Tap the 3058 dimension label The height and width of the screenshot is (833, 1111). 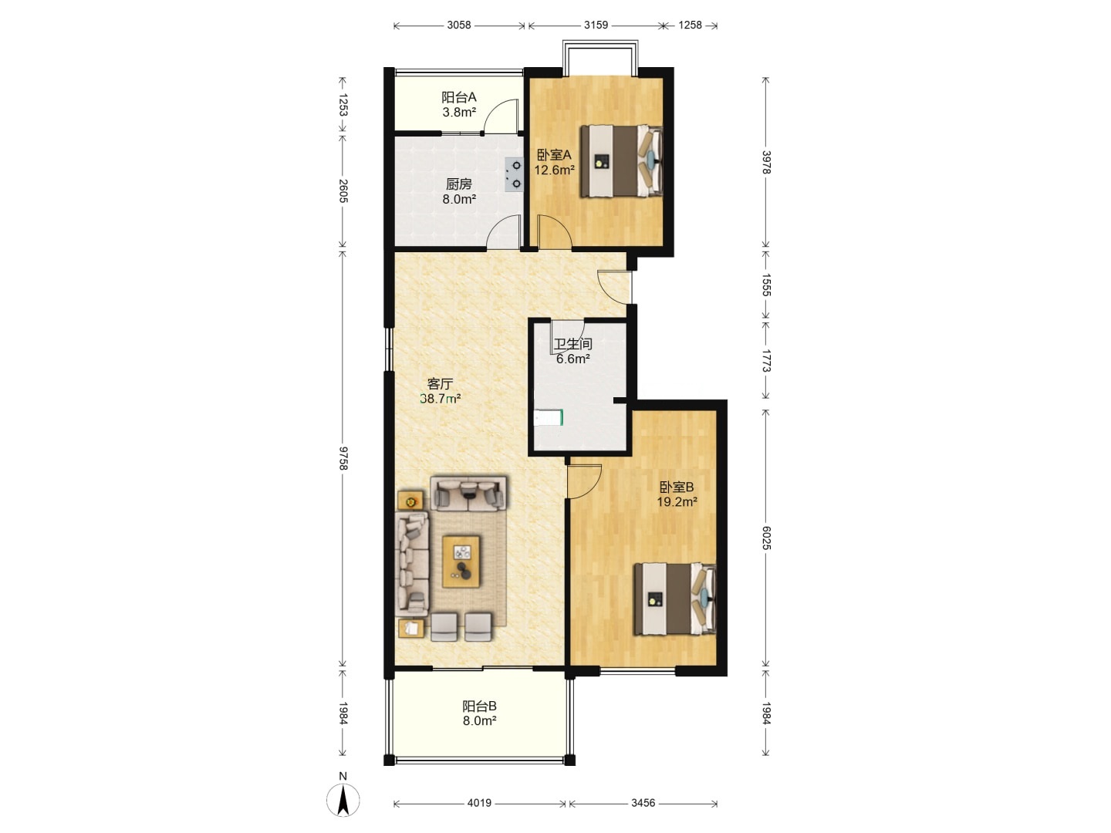coord(458,25)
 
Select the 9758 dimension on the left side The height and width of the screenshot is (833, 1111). coord(343,458)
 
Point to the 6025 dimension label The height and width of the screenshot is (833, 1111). coord(766,538)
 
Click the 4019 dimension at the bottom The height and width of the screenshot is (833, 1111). coord(479,803)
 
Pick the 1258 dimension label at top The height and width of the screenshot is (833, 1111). coord(690,25)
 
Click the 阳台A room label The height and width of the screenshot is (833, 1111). coord(458,97)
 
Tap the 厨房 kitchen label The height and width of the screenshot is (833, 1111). coord(458,184)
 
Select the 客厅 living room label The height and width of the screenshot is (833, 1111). coord(440,384)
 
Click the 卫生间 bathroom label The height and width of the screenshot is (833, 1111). coord(572,345)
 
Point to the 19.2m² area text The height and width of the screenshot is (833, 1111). coord(677,501)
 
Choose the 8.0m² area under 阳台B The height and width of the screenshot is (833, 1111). coord(479,720)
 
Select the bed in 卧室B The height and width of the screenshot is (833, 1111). coord(675,599)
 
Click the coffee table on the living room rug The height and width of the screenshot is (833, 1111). coord(461,562)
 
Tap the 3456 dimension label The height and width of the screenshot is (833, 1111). coord(643,803)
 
